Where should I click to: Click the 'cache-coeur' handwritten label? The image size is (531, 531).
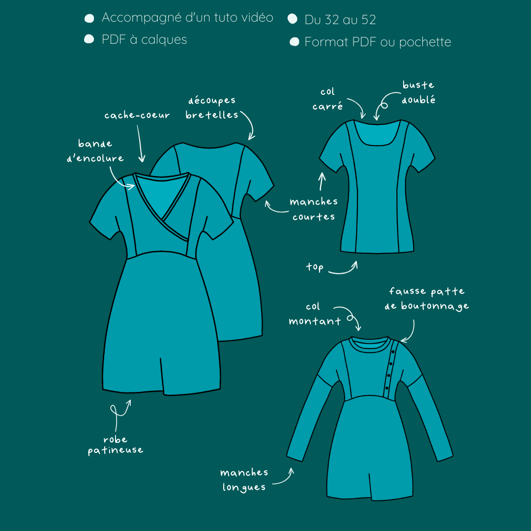(137, 115)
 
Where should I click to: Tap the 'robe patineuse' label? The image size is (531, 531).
(116, 444)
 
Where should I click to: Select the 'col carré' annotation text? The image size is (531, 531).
(327, 99)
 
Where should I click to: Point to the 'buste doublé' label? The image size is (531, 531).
(418, 92)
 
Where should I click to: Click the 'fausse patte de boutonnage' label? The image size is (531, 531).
(427, 299)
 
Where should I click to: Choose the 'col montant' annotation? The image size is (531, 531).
(315, 314)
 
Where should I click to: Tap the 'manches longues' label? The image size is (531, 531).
(244, 480)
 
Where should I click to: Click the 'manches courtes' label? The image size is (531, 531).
(314, 209)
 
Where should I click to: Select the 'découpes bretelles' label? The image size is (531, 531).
(211, 108)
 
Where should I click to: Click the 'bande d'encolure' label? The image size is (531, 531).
(95, 151)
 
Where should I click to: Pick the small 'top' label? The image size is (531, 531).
(315, 267)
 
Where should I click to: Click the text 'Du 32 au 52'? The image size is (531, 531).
(340, 20)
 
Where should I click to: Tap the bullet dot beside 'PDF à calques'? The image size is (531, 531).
(89, 39)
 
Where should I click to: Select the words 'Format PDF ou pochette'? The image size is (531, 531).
(378, 42)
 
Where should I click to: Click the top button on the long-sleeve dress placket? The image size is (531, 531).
(393, 352)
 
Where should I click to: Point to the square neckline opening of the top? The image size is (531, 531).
(377, 133)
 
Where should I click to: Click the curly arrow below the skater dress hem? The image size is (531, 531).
(120, 414)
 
